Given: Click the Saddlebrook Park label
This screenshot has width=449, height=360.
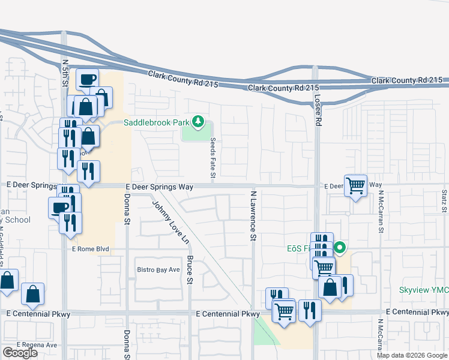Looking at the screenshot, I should tap(156, 122).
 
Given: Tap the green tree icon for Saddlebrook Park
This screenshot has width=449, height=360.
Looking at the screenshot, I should tap(197, 122).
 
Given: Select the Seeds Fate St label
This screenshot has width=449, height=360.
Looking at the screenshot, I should tap(212, 158).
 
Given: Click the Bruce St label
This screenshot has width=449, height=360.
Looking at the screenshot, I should tap(190, 269).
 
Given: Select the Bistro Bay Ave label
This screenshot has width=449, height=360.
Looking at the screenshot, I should tap(158, 269).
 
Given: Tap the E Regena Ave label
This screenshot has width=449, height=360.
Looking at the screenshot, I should tap(37, 345).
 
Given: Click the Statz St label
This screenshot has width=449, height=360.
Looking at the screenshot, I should tap(444, 201).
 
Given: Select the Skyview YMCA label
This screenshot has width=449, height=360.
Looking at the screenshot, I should tap(424, 290).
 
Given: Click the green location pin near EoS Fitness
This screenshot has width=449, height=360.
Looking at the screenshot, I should tap(340, 247).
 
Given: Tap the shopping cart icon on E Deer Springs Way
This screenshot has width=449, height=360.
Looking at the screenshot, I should tap(355, 185).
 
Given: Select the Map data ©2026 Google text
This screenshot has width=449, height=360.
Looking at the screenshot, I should tap(411, 355).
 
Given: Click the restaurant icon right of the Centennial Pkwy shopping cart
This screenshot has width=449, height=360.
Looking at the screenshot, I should tap(310, 310).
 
